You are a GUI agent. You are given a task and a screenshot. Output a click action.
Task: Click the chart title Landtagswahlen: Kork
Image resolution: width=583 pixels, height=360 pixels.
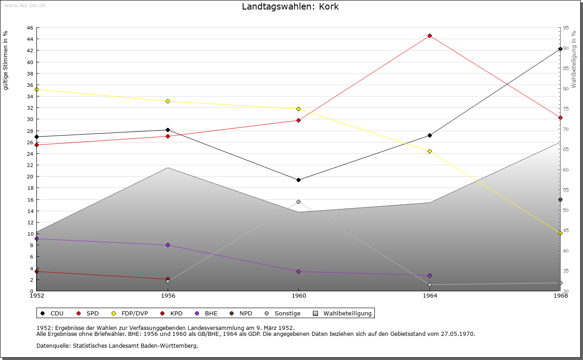(x=290, y=7)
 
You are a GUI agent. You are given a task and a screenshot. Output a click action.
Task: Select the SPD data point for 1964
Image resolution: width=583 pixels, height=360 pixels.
(x=430, y=35)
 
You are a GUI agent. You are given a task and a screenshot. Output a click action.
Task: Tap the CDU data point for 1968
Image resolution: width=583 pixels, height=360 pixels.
(x=560, y=49)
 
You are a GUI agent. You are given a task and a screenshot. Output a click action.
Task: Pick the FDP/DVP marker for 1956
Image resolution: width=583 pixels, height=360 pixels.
(x=168, y=101)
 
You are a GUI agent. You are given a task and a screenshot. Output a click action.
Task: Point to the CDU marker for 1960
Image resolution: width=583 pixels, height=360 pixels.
(x=298, y=180)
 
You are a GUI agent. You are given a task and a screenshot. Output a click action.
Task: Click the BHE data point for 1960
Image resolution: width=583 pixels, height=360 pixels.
(x=298, y=271)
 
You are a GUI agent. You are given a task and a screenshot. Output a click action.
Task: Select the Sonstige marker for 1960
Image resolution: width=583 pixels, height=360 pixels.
(x=298, y=202)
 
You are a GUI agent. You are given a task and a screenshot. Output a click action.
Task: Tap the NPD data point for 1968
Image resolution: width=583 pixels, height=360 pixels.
(x=560, y=199)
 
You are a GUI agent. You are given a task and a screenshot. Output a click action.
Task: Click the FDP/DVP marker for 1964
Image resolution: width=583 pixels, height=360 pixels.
(x=430, y=151)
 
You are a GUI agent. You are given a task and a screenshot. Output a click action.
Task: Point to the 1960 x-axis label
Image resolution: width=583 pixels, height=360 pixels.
(x=298, y=296)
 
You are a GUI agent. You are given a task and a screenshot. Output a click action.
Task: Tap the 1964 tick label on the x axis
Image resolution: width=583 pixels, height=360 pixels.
(x=430, y=296)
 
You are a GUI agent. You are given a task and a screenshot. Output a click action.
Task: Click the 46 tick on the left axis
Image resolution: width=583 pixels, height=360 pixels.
(x=30, y=28)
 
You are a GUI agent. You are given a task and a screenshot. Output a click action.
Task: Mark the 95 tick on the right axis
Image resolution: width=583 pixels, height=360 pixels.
(x=566, y=28)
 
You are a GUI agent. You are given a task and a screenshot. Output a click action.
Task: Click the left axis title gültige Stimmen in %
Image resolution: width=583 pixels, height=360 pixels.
(x=6, y=61)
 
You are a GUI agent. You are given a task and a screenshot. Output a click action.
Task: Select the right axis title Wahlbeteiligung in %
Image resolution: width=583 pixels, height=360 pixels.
(x=574, y=60)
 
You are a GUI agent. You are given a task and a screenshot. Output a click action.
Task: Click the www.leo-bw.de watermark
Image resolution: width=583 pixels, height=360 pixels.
(x=23, y=5)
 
